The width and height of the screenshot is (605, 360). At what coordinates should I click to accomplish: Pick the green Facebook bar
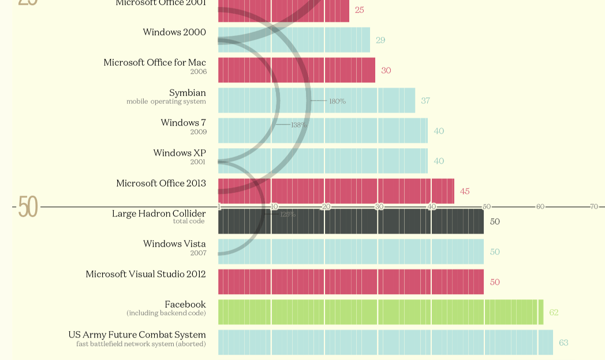tap(381, 312)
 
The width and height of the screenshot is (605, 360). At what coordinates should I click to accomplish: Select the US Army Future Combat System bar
tap(385, 342)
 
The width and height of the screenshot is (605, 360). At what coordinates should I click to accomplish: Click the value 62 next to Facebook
tap(554, 313)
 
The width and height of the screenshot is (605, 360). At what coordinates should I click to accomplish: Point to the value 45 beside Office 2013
tap(465, 192)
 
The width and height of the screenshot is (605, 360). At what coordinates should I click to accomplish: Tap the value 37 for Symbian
tap(425, 101)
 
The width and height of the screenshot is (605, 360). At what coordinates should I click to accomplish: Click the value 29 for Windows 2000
tap(380, 40)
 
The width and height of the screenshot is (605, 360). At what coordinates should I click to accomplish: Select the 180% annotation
tap(338, 102)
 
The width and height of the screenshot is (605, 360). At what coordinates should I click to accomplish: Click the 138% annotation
tap(299, 125)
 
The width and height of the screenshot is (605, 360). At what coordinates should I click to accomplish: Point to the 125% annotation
tap(287, 215)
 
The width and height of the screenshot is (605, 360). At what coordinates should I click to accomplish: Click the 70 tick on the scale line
tap(593, 207)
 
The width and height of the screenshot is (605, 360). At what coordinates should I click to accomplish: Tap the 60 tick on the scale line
tap(540, 207)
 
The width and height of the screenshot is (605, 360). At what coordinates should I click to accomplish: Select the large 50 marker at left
tap(28, 207)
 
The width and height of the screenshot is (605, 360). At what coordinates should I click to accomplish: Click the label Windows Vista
tap(174, 244)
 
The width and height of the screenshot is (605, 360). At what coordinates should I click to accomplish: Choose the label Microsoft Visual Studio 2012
tap(145, 275)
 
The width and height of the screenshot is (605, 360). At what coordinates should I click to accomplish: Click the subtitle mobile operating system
tap(166, 102)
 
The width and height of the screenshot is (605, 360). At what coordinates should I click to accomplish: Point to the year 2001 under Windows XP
tap(198, 162)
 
